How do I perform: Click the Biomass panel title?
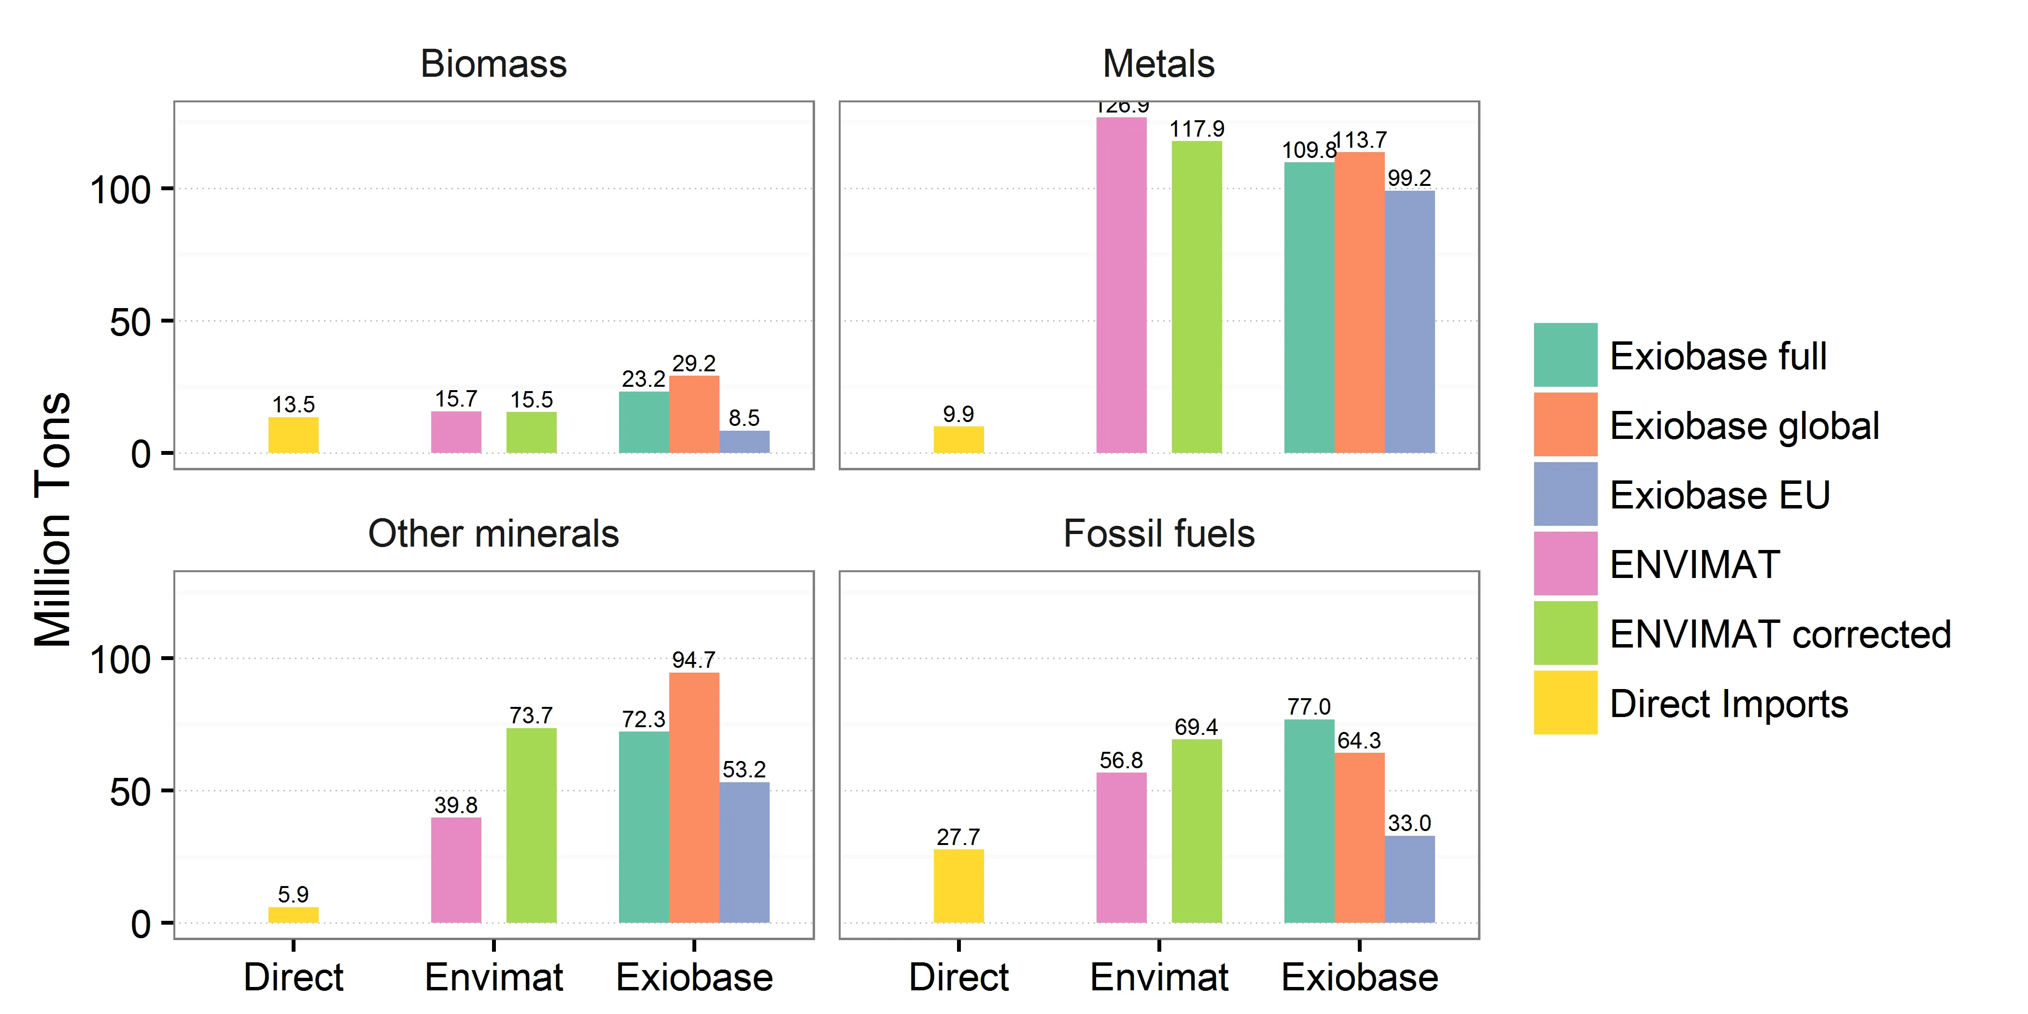493,64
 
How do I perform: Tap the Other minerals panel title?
493,534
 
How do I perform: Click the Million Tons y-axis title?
54,520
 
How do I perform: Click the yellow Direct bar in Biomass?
294,436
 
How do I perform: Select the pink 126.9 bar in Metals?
1121,285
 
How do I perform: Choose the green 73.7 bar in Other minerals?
532,825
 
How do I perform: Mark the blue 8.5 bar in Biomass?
744,442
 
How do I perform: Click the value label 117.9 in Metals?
1197,129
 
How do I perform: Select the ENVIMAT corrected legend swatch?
1565,634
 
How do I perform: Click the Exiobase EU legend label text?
1719,495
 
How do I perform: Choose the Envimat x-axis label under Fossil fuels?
1159,977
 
